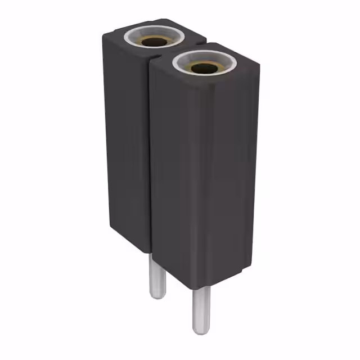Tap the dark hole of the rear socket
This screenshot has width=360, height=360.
click(x=152, y=42)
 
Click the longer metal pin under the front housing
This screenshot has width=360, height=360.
click(x=200, y=309)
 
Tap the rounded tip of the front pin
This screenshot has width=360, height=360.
click(x=200, y=331)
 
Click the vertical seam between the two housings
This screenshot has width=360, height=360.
click(x=150, y=157)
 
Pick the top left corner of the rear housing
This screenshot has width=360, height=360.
click(x=103, y=35)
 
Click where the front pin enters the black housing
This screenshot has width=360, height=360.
click(x=200, y=288)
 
